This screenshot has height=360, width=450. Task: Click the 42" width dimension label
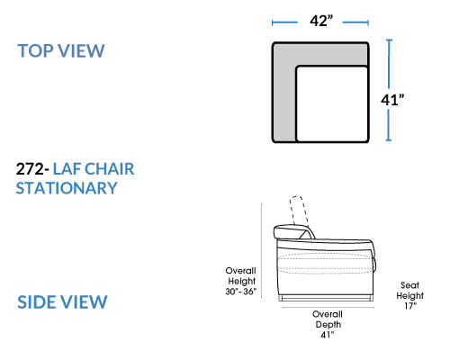tap(321, 21)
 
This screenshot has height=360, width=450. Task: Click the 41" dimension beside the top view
tap(392, 100)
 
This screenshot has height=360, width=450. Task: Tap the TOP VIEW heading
tap(61, 50)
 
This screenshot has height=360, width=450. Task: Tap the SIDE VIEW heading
tap(62, 301)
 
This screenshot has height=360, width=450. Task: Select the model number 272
tap(30, 169)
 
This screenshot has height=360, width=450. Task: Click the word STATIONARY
tap(67, 188)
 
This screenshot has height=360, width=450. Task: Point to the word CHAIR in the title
tap(109, 169)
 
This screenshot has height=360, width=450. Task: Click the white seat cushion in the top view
tap(332, 103)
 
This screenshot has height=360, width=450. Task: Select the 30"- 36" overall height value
tap(241, 292)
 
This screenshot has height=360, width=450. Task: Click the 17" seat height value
tap(409, 306)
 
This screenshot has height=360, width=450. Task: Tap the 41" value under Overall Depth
tap(328, 335)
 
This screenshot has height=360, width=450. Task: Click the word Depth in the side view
tap(328, 325)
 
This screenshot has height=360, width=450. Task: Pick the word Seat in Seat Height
tap(409, 285)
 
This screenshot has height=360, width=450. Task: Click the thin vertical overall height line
tap(262, 251)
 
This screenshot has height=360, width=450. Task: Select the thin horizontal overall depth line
tap(328, 308)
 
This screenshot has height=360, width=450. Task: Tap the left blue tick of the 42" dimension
tap(273, 22)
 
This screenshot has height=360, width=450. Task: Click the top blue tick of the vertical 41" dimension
tap(389, 40)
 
